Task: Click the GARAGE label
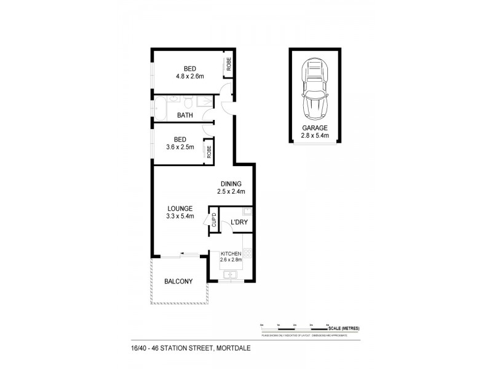pos(314,128)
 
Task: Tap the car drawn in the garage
pos(314,89)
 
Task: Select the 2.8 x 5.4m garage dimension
pos(314,135)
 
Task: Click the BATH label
pos(185,115)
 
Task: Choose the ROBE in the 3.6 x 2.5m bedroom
pos(210,151)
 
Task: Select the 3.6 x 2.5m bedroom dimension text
pos(180,147)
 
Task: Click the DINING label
pos(231,184)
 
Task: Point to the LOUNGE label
pos(180,208)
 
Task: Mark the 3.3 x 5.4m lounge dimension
pos(180,216)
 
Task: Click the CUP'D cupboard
pos(214,221)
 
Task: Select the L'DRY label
pos(239,223)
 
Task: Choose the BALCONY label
pos(178,282)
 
